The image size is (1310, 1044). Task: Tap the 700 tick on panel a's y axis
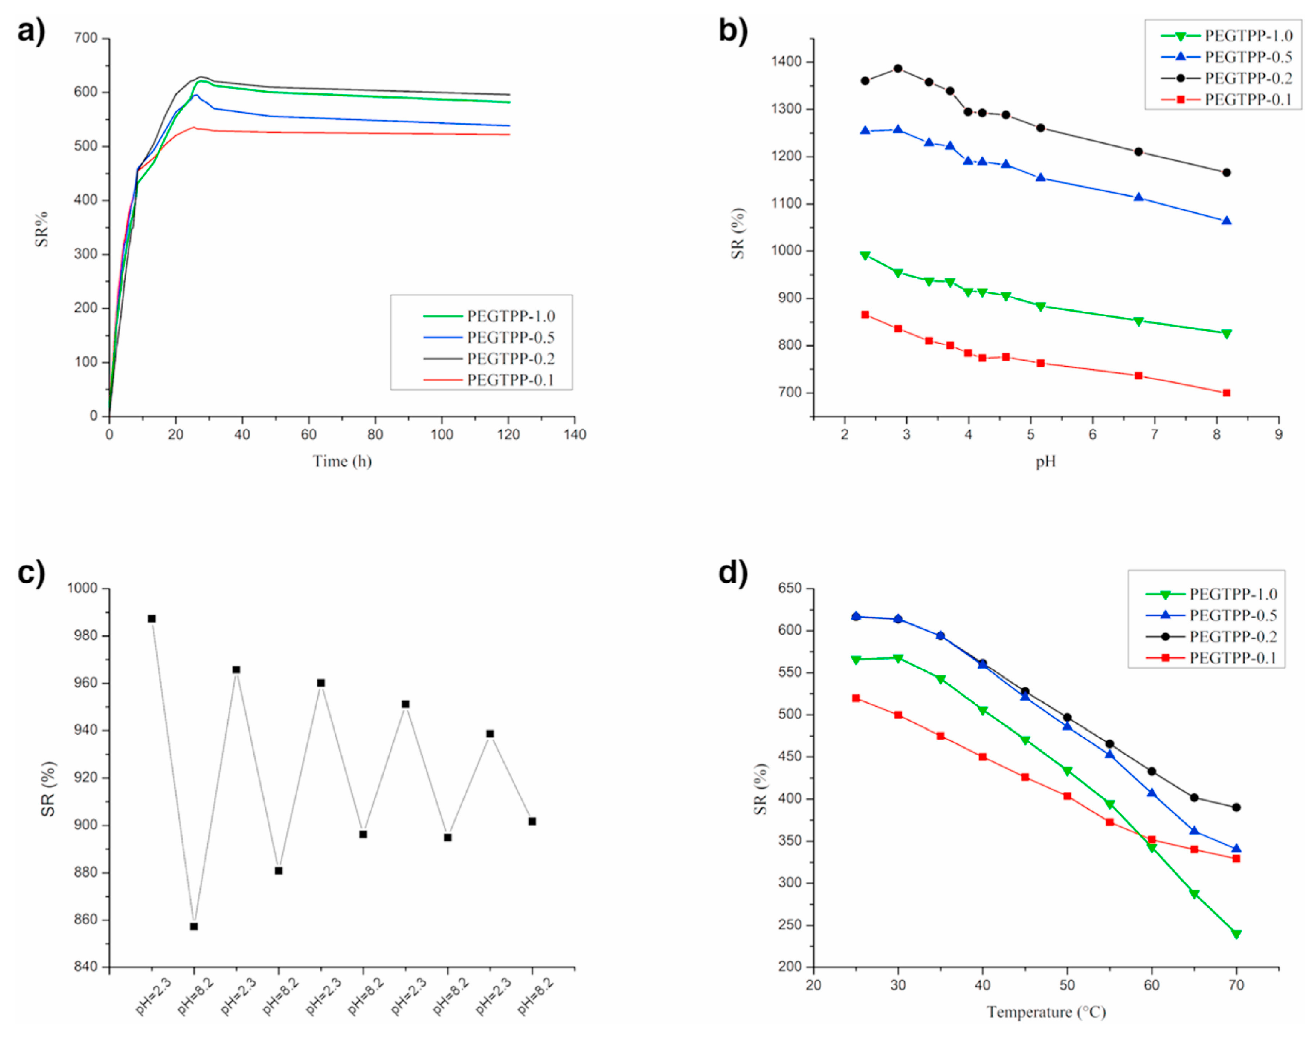[x=86, y=38]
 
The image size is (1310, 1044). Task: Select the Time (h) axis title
[x=342, y=461]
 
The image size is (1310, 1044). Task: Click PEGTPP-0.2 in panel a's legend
[x=510, y=359]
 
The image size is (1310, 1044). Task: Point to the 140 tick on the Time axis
[x=575, y=434]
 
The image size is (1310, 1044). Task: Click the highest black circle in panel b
[x=897, y=69]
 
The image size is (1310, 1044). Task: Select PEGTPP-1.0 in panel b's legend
[x=1248, y=36]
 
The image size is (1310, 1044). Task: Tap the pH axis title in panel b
[x=1046, y=462]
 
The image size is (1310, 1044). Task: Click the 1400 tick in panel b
[x=786, y=62]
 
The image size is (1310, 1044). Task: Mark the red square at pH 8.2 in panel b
[x=1226, y=392]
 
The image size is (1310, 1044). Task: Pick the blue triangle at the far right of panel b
[x=1226, y=221]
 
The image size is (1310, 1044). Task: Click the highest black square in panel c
[x=152, y=619]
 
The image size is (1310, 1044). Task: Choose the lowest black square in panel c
[x=194, y=927]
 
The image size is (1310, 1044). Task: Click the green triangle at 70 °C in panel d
[x=1236, y=934]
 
